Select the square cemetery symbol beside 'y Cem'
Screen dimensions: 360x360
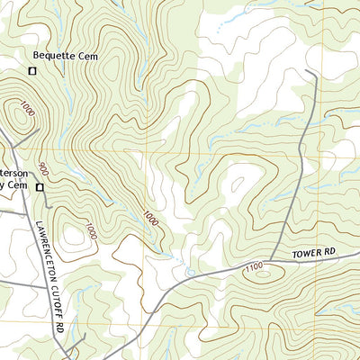coord(40,187)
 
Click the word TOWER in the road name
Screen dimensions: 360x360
coord(308,255)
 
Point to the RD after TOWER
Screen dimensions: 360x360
coord(337,252)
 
